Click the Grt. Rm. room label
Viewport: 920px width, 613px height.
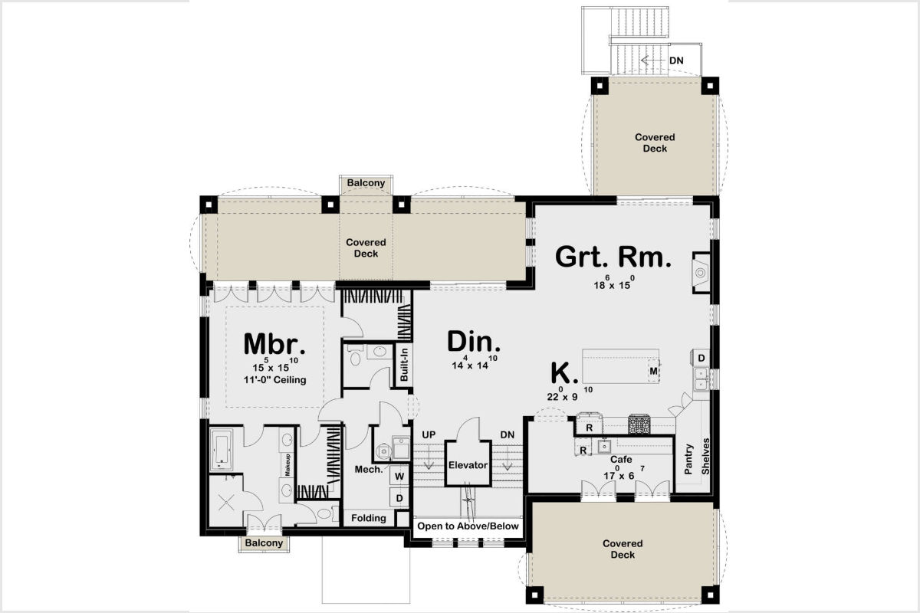tap(613, 257)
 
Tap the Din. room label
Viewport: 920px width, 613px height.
tap(474, 342)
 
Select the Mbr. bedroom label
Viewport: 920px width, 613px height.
tap(274, 343)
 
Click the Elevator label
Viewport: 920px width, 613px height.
tap(468, 465)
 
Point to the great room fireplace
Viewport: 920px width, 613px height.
tap(701, 272)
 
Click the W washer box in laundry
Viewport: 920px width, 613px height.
tap(399, 477)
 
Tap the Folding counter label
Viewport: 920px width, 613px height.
tap(369, 518)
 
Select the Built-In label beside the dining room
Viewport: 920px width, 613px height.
tap(404, 365)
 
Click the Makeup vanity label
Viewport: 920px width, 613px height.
tap(287, 465)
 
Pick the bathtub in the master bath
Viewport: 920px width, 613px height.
tap(222, 450)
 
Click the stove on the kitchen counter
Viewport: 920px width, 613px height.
tap(639, 425)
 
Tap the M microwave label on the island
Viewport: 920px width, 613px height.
tap(653, 371)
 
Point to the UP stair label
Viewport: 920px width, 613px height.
tap(429, 434)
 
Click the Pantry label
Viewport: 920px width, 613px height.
tap(688, 459)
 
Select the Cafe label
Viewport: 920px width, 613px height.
tap(621, 459)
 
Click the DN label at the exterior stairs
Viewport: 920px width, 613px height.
tap(676, 61)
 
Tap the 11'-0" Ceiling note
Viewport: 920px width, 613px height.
tap(274, 380)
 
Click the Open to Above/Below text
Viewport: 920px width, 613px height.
tap(468, 526)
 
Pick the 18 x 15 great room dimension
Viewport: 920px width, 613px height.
tap(613, 283)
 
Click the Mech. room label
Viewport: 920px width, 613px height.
tap(369, 469)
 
